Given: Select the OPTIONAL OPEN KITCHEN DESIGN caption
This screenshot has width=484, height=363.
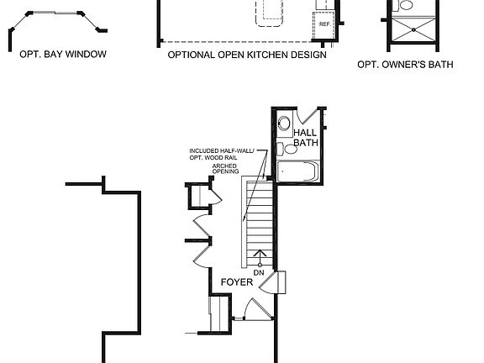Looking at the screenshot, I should [x=246, y=55].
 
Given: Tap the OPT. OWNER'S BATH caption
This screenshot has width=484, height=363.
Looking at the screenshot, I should [x=405, y=64].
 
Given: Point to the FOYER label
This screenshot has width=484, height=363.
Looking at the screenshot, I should [x=237, y=283].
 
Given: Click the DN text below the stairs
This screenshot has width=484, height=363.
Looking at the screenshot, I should [x=259, y=273].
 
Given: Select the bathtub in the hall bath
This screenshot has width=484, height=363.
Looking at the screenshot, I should [x=298, y=173].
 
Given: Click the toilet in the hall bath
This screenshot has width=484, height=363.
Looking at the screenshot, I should [x=289, y=150].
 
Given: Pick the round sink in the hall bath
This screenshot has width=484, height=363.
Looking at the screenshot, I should [x=284, y=124].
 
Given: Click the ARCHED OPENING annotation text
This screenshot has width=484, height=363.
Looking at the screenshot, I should [x=224, y=170].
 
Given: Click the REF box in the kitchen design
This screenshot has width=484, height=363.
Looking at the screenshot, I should [x=324, y=24].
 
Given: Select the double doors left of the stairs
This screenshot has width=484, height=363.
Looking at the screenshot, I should [x=201, y=239].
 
